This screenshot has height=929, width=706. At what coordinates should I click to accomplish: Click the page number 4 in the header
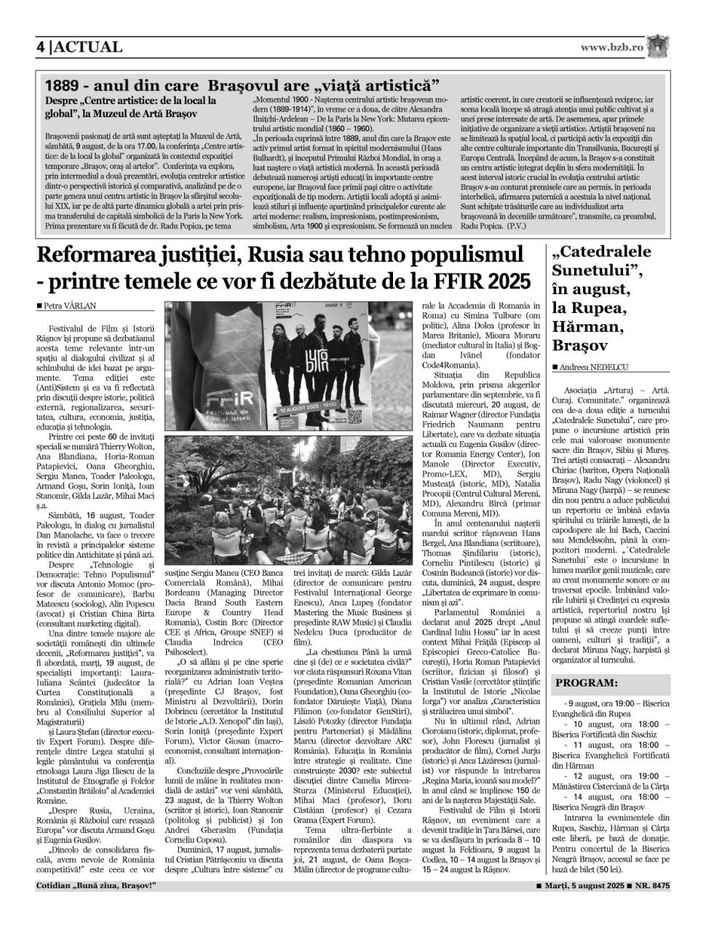point(41,47)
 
